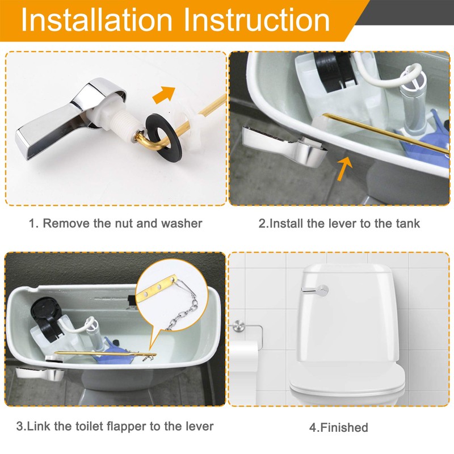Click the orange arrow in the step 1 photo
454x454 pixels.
[x=164, y=94]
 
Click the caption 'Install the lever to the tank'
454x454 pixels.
[x=339, y=224]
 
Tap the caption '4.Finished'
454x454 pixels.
[x=339, y=427]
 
